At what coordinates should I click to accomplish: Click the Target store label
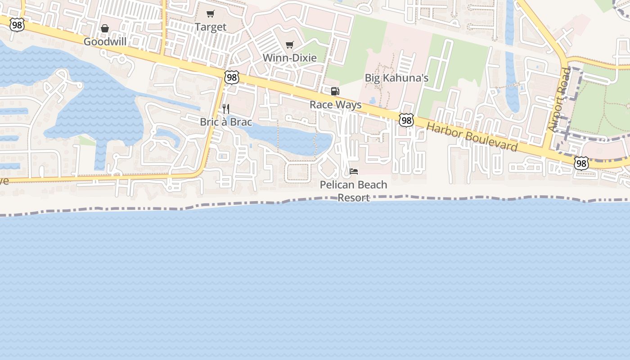[211, 27]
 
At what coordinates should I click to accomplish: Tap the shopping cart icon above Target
[211, 13]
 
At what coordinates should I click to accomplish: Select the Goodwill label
[105, 42]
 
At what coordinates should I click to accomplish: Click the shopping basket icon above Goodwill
[105, 29]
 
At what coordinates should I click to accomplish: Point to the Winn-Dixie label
[289, 58]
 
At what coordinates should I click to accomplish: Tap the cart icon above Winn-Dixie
[290, 45]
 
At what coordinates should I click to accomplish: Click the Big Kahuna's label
[396, 78]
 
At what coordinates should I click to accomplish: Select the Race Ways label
[335, 105]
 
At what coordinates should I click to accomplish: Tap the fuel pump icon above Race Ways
[335, 91]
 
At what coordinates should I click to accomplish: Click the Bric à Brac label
[226, 122]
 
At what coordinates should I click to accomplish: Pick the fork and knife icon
[226, 109]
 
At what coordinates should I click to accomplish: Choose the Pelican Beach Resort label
[353, 191]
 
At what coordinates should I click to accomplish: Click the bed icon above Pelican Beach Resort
[354, 171]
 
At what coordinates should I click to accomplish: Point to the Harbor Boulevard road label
[472, 137]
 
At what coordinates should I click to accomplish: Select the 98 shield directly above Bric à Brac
[232, 77]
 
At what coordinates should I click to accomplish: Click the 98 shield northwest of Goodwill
[17, 25]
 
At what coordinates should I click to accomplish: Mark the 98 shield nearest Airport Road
[581, 163]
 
